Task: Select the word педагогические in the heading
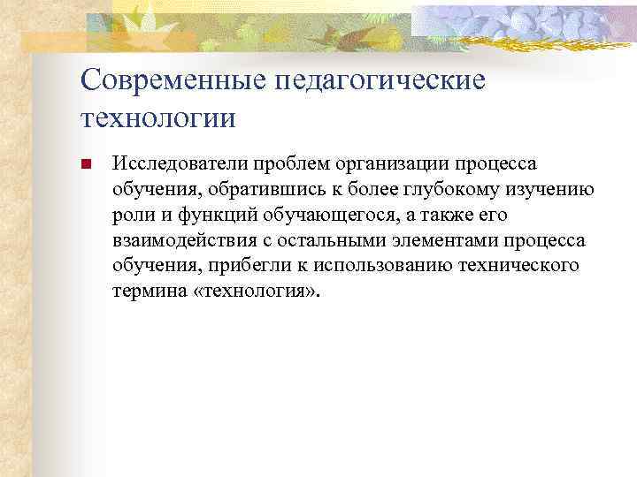tap(381, 80)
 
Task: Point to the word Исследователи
tap(167, 164)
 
